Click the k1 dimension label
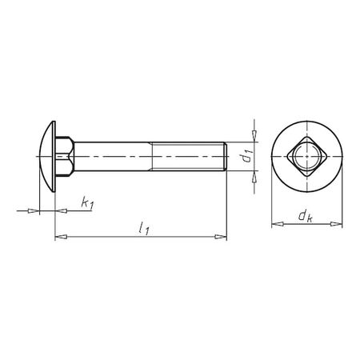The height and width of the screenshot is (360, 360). point(86,205)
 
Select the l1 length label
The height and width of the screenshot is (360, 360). point(144,229)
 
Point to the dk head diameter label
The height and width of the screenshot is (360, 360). point(305,216)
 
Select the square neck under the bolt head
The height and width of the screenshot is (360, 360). point(63,156)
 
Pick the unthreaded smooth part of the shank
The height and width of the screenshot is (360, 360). point(112,156)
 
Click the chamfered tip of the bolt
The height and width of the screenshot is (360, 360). point(226,156)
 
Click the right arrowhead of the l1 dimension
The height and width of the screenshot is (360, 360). point(224,236)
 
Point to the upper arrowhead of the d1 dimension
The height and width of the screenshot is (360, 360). point(254,135)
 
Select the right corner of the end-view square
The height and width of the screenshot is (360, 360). point(326,156)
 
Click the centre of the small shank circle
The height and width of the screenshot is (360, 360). point(306,156)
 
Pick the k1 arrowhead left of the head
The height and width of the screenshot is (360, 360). point(35,211)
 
